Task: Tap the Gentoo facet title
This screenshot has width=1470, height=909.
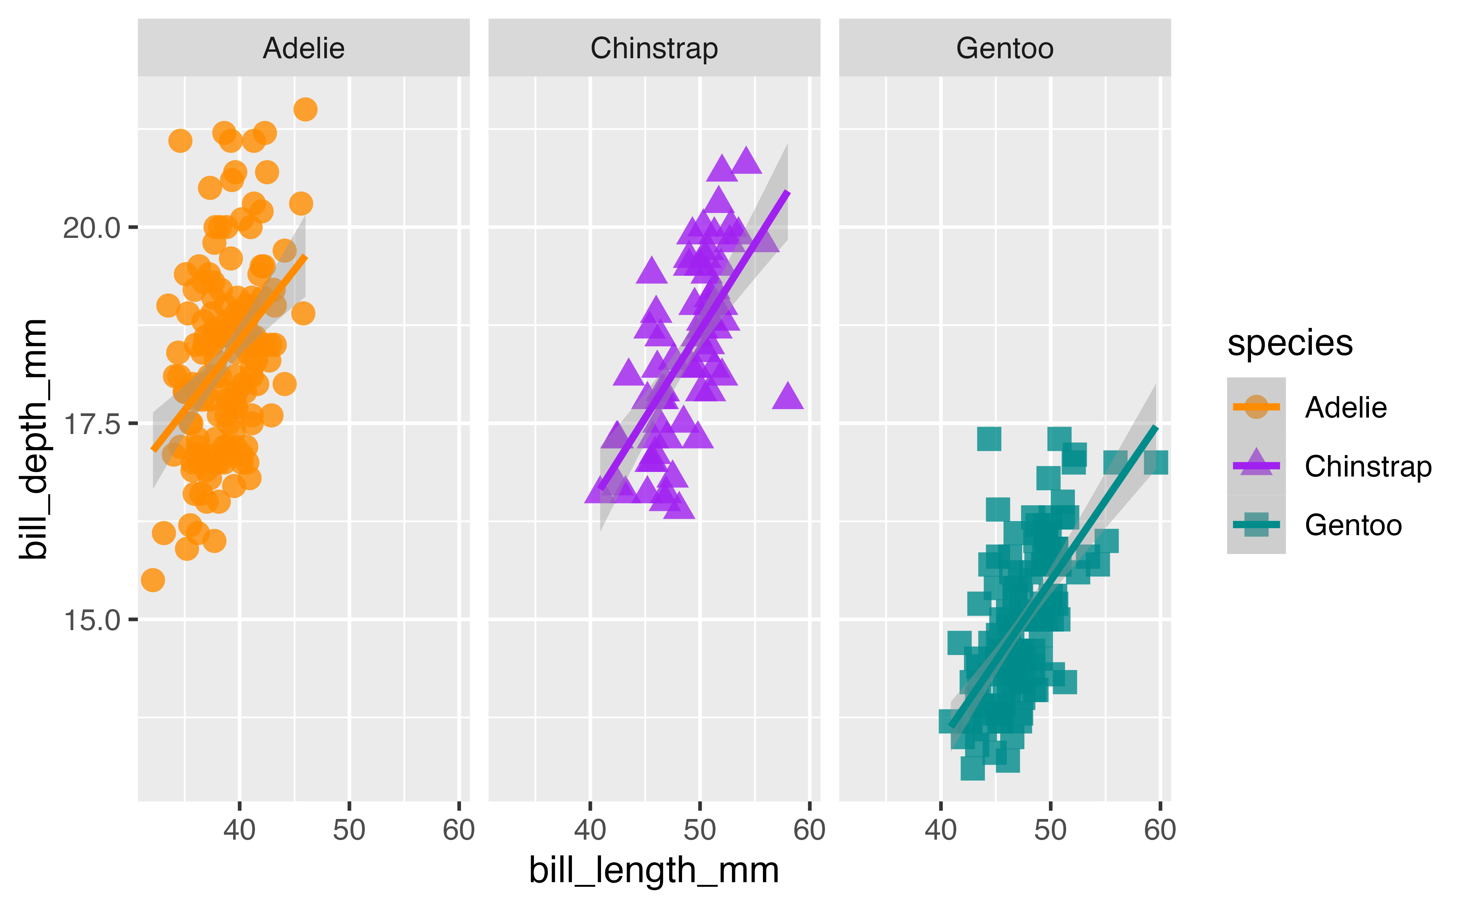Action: (x=1004, y=48)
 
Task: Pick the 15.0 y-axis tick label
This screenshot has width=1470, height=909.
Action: (x=92, y=620)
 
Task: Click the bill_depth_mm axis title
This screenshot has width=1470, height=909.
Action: (x=33, y=439)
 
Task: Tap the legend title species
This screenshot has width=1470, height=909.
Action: (x=1290, y=343)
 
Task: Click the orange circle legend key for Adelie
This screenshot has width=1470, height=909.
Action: (x=1256, y=407)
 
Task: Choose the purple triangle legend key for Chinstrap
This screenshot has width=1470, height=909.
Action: (x=1256, y=465)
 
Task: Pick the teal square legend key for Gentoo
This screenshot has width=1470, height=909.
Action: (x=1256, y=524)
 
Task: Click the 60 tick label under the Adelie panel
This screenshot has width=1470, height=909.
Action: (x=458, y=830)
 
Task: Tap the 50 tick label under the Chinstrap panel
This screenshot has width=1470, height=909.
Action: (x=700, y=830)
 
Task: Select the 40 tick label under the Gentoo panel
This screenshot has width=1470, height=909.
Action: (x=941, y=830)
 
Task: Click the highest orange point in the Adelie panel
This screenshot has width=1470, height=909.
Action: (x=305, y=110)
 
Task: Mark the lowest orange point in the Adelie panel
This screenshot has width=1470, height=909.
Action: (x=153, y=580)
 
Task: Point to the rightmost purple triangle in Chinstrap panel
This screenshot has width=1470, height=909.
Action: (x=787, y=397)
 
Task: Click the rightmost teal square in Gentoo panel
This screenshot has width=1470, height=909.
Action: (x=1156, y=463)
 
